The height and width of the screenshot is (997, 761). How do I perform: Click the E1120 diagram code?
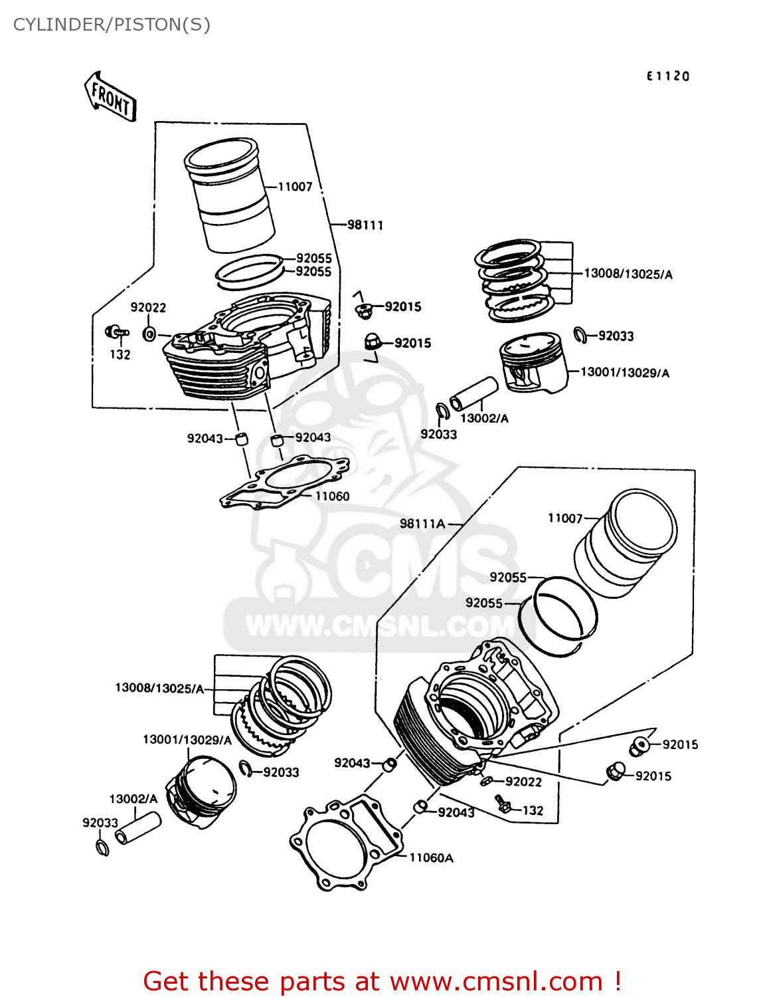668,76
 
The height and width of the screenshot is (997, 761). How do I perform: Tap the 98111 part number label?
365,225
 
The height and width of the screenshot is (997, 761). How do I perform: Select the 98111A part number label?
422,524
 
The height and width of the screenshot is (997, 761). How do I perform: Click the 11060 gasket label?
332,496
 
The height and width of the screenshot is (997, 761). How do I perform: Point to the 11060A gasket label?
431,858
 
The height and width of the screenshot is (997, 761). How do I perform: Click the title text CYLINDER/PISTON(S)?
112,25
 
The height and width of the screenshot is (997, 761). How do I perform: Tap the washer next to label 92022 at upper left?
149,334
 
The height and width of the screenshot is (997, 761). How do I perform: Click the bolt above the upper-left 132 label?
116,331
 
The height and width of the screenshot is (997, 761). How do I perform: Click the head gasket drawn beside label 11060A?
345,843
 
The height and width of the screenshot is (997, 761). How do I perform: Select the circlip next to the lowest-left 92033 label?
102,847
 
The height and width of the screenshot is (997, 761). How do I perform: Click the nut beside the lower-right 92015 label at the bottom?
615,772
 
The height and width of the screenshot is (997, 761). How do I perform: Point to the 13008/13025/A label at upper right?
628,274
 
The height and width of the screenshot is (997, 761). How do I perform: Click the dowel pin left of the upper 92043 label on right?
277,440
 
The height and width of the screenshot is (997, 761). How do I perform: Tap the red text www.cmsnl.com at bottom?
495,981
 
